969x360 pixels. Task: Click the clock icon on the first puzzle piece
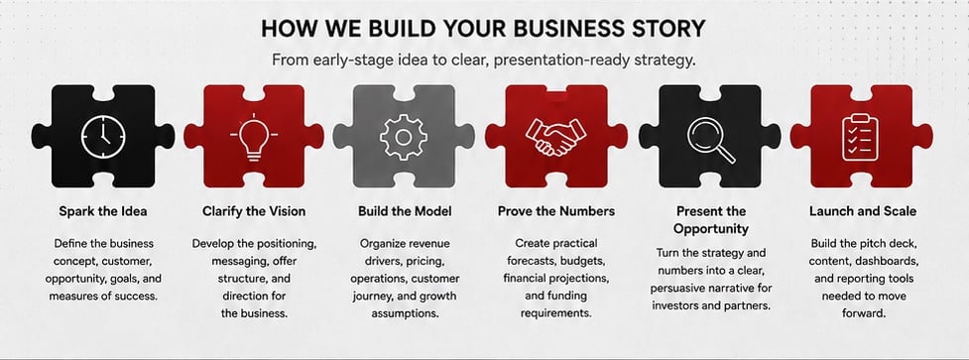point(103,137)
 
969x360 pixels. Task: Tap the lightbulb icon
point(253,137)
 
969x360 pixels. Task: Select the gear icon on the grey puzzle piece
point(404,137)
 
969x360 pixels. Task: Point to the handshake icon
point(555,137)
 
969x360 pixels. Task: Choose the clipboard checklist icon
point(861,137)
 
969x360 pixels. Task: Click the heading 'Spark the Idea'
point(103,211)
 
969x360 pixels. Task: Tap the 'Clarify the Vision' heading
point(254,211)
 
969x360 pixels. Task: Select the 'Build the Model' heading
point(405,211)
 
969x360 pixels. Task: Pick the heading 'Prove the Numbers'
point(556,211)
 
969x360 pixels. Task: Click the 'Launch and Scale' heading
point(863,211)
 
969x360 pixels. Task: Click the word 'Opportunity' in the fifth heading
point(711,228)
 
